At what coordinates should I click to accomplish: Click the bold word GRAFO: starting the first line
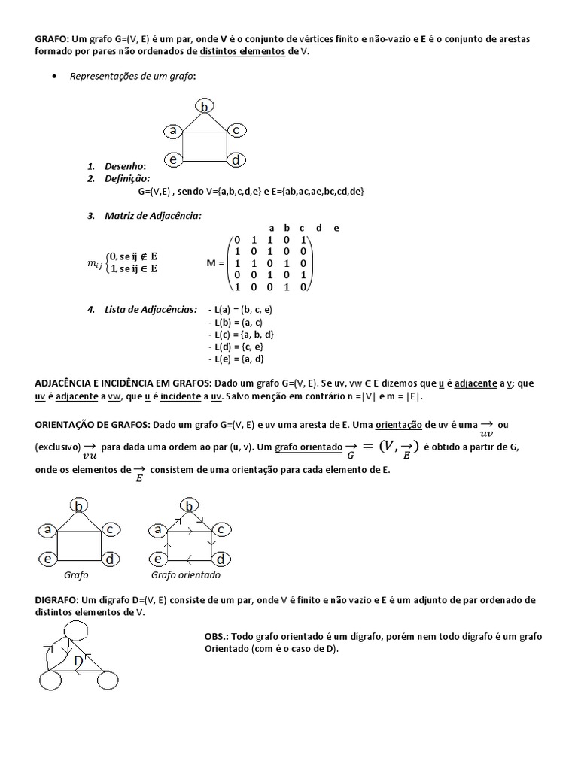point(52,38)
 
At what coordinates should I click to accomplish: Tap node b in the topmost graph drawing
point(204,107)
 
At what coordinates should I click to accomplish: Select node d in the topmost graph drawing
point(236,160)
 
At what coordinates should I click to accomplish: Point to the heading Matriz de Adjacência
point(154,216)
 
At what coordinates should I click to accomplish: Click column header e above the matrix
point(336,228)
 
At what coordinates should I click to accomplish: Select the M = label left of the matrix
point(216,263)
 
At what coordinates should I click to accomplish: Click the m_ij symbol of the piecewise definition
point(96,262)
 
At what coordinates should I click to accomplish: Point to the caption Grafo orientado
point(186,574)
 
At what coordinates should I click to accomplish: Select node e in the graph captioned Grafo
point(47,559)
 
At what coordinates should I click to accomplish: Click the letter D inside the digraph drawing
point(78,661)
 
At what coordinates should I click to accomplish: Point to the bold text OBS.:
point(218,636)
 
